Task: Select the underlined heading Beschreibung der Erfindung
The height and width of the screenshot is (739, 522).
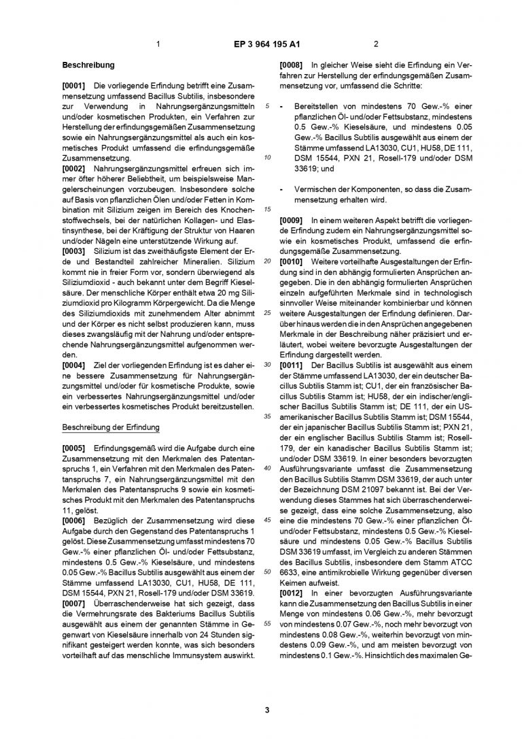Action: tap(110, 427)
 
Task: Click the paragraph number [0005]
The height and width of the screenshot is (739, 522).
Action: tap(73, 448)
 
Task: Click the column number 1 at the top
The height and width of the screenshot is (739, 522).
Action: tap(158, 46)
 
